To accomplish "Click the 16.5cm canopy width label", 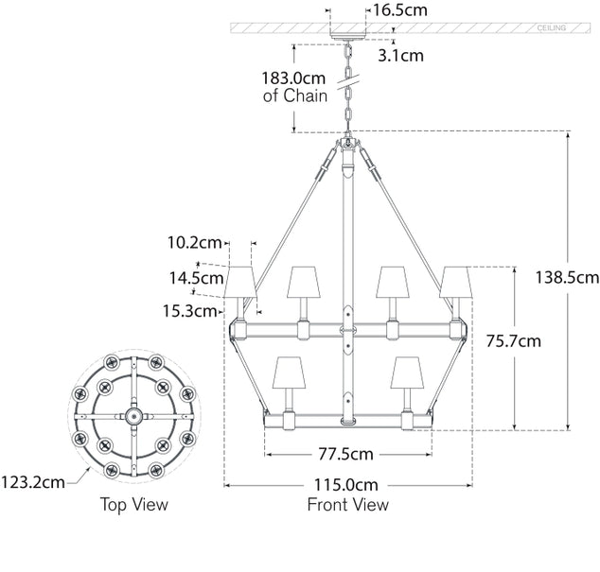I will (399, 11).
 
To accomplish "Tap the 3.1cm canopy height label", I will (400, 55).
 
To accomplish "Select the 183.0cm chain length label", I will (294, 87).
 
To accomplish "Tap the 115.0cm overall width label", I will (347, 484).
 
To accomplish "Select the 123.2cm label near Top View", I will (34, 481).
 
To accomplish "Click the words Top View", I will (134, 505).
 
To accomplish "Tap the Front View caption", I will (347, 505).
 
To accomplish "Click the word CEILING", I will (552, 28).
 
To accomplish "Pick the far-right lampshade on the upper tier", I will (456, 281).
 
